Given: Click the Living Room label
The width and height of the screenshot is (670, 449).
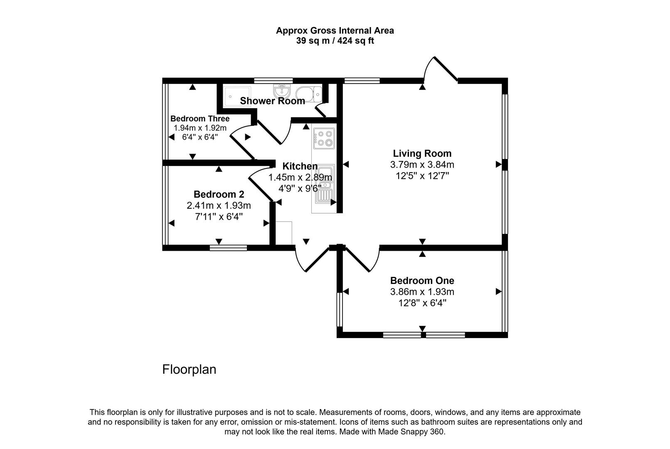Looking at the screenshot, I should [x=422, y=153].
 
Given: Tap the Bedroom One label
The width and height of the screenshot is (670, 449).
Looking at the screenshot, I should [x=422, y=281].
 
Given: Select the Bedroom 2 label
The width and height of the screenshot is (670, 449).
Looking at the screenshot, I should [x=219, y=194].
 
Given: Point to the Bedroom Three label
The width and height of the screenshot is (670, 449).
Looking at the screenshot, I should [x=200, y=118].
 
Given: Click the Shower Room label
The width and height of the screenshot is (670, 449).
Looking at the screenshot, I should [x=272, y=101].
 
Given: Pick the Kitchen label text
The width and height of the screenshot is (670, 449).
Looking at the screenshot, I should [x=300, y=166].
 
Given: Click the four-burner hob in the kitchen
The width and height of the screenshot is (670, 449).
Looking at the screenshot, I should [x=324, y=138].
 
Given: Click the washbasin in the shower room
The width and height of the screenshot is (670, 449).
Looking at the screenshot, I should [x=281, y=90].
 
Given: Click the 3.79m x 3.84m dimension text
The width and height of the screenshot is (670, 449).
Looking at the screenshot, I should [x=422, y=165].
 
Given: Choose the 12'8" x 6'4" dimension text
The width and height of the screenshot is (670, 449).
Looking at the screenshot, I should [x=422, y=303].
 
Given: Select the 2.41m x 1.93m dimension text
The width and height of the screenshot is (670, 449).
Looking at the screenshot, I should [x=219, y=205].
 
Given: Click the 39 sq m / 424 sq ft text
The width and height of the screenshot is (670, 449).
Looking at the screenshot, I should [x=335, y=41].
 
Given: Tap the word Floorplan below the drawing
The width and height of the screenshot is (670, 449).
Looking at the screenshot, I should [x=189, y=369].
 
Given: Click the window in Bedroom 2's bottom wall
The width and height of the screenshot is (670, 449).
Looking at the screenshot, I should [x=228, y=248].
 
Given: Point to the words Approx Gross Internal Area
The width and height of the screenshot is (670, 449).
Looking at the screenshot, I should [x=335, y=30].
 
